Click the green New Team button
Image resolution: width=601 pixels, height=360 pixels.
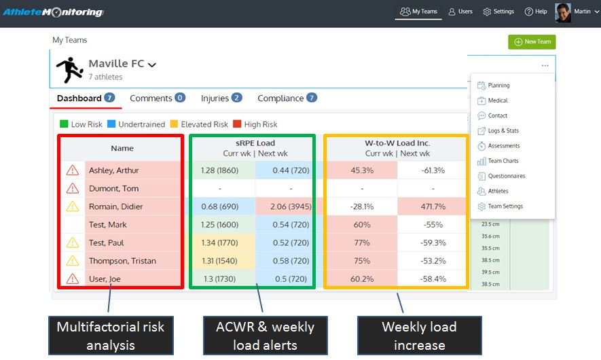click(532, 41)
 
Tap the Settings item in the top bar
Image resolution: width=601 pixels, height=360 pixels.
click(498, 12)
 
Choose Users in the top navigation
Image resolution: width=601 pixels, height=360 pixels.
click(460, 12)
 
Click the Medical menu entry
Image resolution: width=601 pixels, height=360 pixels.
click(497, 101)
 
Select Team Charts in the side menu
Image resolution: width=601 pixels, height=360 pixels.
click(503, 161)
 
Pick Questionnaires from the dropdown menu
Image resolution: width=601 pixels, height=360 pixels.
click(506, 176)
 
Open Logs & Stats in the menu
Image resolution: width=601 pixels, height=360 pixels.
click(503, 130)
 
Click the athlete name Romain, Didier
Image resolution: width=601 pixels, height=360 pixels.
click(115, 206)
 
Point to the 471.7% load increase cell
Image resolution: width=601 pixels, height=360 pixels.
click(433, 206)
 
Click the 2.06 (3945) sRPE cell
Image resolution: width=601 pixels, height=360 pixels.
click(291, 206)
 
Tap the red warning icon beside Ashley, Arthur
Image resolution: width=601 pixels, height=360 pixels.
click(72, 170)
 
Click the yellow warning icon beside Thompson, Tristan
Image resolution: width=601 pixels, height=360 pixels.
click(72, 261)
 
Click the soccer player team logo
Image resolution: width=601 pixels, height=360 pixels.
click(69, 69)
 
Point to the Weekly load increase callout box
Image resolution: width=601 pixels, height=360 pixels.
click(419, 336)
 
